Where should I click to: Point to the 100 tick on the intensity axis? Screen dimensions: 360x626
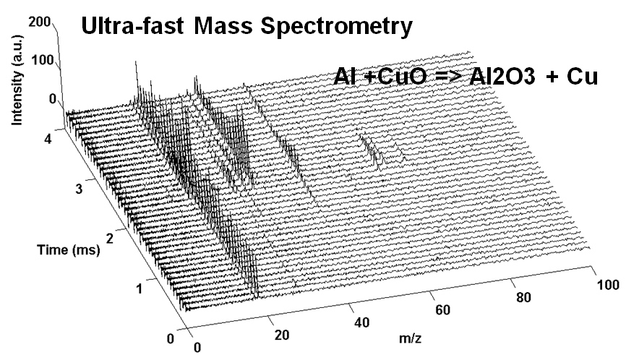(43, 60)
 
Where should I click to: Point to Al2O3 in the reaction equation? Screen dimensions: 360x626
(491, 78)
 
